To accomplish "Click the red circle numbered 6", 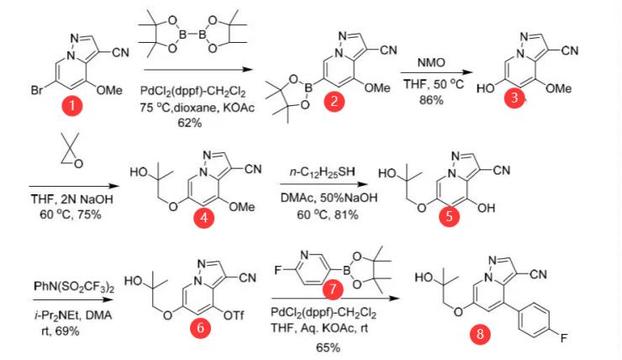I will pos(200,329).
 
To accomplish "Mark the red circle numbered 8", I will pos(479,334).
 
